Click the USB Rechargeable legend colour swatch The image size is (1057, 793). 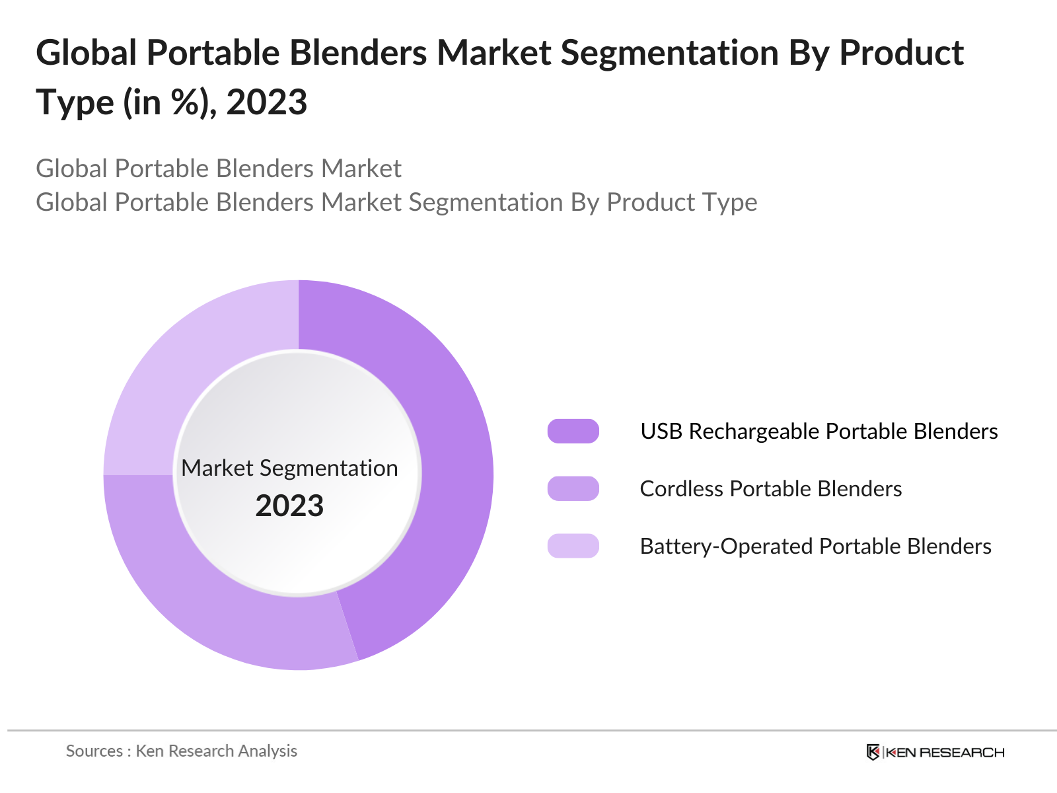[x=573, y=431]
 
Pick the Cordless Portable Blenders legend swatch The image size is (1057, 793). [x=573, y=488]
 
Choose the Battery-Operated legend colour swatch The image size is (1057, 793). [x=573, y=546]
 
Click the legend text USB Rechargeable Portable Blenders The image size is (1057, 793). [x=819, y=431]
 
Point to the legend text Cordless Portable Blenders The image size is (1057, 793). [x=770, y=488]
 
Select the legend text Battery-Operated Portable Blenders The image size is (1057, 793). [x=815, y=546]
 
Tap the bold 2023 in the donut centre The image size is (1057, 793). [x=289, y=506]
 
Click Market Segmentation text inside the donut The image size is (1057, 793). [x=289, y=468]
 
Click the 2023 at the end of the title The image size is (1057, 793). [x=267, y=102]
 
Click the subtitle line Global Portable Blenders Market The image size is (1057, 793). [x=218, y=169]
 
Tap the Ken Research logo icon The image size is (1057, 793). [x=873, y=752]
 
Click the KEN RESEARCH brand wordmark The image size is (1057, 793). [x=945, y=752]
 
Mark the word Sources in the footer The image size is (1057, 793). [x=94, y=751]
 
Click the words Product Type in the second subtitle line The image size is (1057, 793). [x=682, y=202]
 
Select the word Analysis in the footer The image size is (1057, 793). [x=268, y=751]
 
